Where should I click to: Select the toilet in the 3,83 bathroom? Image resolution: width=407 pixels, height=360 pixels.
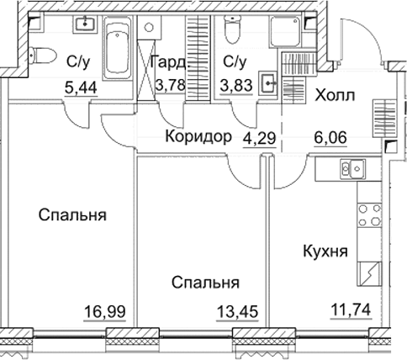click(235, 31)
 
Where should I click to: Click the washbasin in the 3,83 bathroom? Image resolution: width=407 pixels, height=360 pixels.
click(268, 82)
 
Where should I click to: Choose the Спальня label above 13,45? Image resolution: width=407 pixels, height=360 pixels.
click(205, 283)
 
